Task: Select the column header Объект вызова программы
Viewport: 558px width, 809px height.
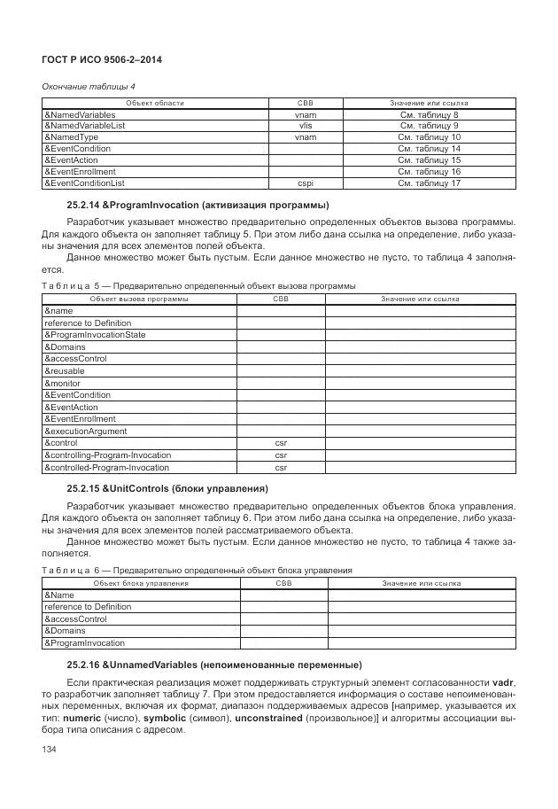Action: point(137,299)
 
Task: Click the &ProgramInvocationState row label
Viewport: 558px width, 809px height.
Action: point(95,335)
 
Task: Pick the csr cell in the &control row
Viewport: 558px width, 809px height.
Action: point(281,443)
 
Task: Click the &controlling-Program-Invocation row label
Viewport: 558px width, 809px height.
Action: point(107,455)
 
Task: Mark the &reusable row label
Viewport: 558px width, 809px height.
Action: point(66,370)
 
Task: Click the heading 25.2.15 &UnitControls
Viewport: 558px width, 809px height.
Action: point(180,489)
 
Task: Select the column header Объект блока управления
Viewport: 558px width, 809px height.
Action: point(141,583)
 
